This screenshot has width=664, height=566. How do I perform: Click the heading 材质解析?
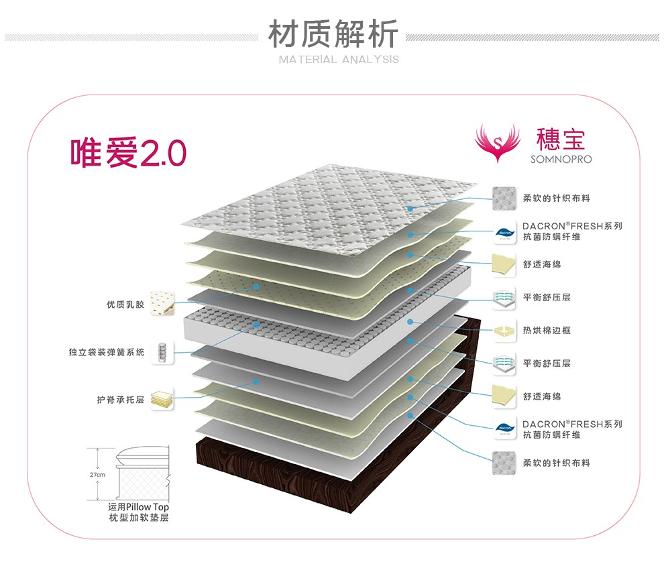333,34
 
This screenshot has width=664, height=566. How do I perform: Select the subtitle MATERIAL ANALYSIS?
339,60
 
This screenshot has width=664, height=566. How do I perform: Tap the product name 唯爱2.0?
128,154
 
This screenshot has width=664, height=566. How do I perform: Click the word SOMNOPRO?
561,160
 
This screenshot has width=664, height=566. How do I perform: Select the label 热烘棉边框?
547,331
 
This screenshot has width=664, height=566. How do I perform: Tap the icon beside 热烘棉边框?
504,331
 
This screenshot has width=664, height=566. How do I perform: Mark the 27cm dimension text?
97,475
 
